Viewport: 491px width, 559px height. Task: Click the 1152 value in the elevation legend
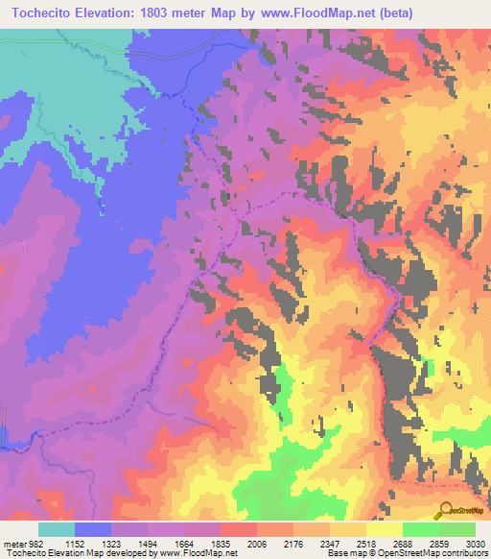pyautogui.click(x=75, y=543)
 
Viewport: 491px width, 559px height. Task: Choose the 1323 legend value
pyautogui.click(x=111, y=543)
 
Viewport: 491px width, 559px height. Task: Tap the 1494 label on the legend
pyautogui.click(x=148, y=543)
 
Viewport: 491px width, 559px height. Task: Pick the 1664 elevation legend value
pyautogui.click(x=184, y=543)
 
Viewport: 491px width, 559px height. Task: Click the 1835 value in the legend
pyautogui.click(x=221, y=543)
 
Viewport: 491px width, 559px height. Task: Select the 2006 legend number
pyautogui.click(x=257, y=543)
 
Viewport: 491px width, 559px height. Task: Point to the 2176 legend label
pyautogui.click(x=293, y=543)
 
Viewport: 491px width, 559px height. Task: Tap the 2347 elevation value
pyautogui.click(x=330, y=543)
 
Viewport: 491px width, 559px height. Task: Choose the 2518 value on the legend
pyautogui.click(x=366, y=543)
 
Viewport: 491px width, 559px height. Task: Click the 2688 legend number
pyautogui.click(x=403, y=543)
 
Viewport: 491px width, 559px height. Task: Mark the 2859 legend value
pyautogui.click(x=439, y=543)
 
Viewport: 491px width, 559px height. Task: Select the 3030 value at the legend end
pyautogui.click(x=474, y=543)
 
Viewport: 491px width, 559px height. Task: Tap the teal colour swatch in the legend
pyautogui.click(x=57, y=529)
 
